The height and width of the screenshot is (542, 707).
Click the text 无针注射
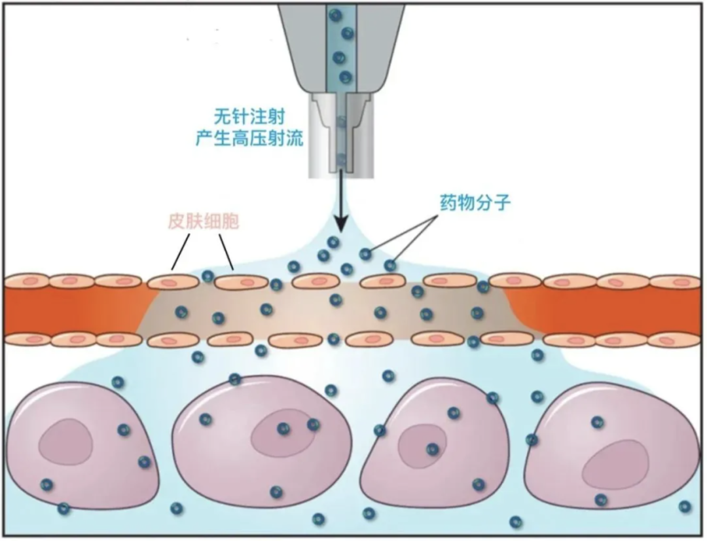point(249,116)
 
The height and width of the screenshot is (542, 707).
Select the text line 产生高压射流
point(249,138)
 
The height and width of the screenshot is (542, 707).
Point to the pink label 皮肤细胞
point(203,221)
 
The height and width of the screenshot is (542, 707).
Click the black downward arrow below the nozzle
point(339,209)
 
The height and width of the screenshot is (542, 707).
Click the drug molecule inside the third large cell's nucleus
point(432,449)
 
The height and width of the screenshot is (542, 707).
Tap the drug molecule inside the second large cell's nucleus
point(283,429)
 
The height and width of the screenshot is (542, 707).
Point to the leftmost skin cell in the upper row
point(26,281)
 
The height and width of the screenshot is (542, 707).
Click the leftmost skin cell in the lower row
point(26,340)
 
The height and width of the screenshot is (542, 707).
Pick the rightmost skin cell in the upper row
point(674,282)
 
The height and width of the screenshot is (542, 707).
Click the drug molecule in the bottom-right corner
point(685,506)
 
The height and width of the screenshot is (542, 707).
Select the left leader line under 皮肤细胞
point(181,251)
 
